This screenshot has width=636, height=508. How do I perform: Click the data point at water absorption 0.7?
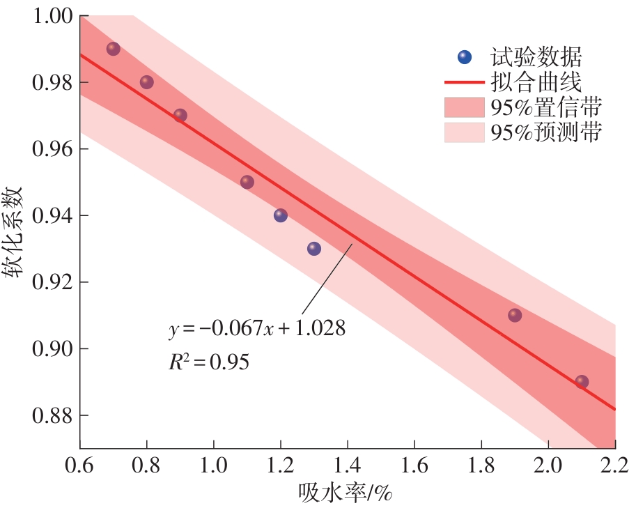(x=113, y=49)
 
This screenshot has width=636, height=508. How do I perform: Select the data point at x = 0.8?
(x=146, y=82)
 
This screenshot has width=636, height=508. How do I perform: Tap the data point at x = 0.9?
(x=180, y=115)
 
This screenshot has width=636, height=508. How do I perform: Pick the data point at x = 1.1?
(x=247, y=182)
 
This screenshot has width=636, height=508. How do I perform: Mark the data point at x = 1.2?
(x=281, y=215)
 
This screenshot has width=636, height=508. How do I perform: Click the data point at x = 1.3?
(x=314, y=249)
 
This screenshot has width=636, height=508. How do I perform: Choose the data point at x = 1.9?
(x=515, y=315)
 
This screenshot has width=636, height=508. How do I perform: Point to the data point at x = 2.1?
(x=582, y=382)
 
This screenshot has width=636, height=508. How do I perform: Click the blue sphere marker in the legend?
(x=465, y=56)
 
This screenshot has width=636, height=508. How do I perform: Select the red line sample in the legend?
(x=464, y=83)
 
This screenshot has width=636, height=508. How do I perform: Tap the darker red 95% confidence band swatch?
(x=464, y=107)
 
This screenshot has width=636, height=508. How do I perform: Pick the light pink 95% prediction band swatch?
(x=464, y=132)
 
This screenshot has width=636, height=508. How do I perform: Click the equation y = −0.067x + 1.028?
(x=257, y=329)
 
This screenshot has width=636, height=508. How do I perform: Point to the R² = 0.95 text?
(x=208, y=362)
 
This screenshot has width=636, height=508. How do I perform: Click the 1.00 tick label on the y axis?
(x=51, y=16)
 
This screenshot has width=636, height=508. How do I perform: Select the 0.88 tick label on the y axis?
(x=51, y=415)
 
